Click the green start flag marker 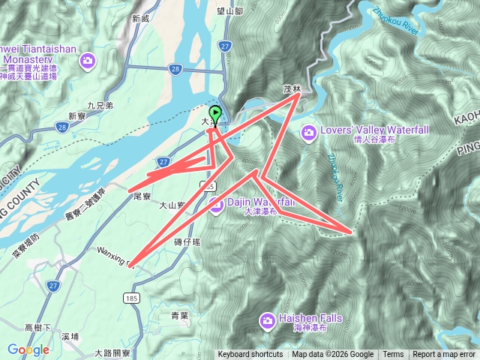click(216, 114)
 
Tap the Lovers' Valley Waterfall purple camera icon click(308, 133)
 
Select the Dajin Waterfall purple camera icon click(216, 206)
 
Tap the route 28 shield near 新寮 click(61, 128)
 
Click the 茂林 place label click(292, 89)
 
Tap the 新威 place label click(141, 18)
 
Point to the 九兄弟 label click(100, 106)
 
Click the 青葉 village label click(179, 316)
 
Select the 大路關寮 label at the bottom click(112, 352)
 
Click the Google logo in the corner click(28, 349)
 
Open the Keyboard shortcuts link click(250, 355)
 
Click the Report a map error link click(445, 355)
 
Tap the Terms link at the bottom click(393, 355)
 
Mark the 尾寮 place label click(142, 196)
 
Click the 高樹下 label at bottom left click(38, 328)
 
